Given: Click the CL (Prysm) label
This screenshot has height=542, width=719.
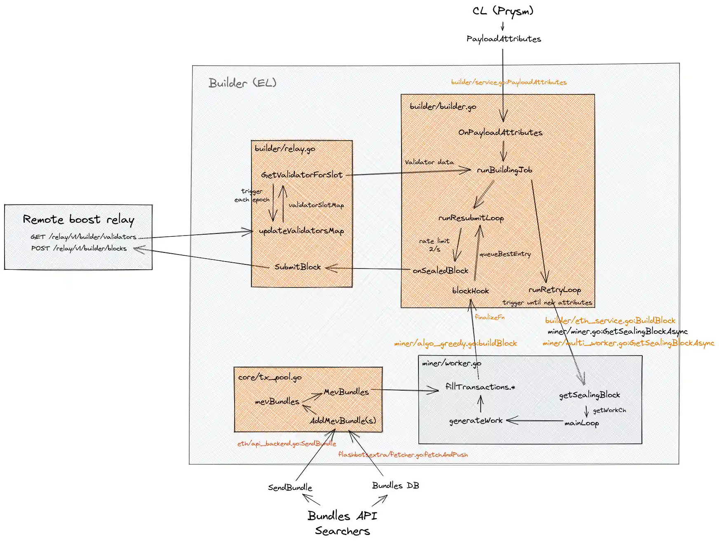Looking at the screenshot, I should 503,11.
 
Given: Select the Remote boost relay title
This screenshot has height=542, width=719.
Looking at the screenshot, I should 78,219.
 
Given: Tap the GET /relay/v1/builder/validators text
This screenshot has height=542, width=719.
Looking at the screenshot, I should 83,237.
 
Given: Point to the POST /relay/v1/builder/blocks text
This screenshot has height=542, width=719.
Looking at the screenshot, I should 79,248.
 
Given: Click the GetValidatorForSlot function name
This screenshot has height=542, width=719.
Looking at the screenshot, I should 302,175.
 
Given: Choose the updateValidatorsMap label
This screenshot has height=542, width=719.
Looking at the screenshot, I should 301,231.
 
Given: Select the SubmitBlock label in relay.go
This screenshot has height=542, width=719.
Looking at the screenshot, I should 298,267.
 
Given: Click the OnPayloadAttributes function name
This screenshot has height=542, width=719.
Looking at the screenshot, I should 500,132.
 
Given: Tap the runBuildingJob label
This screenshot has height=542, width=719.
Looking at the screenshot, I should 505,170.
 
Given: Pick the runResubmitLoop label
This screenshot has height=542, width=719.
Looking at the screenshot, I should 471,218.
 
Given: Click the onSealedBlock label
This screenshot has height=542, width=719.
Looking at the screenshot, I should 440,271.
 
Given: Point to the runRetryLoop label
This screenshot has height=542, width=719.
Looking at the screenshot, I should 555,290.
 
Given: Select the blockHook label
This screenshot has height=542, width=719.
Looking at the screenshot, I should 470,291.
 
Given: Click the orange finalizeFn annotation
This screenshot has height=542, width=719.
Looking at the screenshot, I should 489,317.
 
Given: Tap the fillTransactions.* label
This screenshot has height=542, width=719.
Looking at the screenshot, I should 480,387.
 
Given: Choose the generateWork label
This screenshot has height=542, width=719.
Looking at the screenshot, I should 476,421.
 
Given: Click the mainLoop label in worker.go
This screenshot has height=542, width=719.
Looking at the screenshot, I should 581,423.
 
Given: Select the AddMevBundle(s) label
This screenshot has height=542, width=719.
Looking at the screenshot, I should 343,421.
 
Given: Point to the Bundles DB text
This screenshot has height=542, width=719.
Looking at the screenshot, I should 395,485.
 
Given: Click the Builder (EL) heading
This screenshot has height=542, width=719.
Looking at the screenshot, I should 242,83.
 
